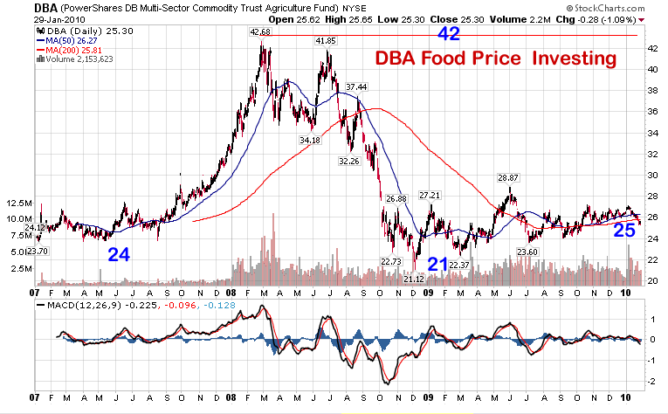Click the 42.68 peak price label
click(x=260, y=31)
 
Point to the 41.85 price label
click(x=326, y=40)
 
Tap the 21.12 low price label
click(x=413, y=279)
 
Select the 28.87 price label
click(x=508, y=177)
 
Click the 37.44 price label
click(x=355, y=86)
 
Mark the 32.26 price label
click(x=348, y=161)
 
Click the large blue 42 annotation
click(x=448, y=34)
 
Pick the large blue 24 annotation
click(x=120, y=255)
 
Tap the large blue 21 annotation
click(x=437, y=264)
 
